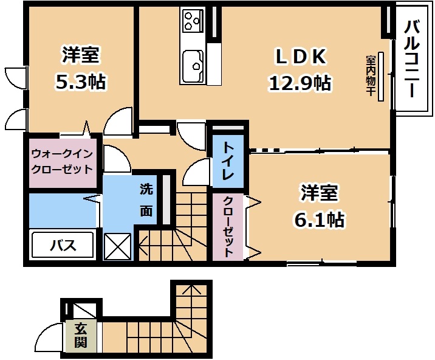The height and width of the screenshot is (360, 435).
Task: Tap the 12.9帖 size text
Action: [x=300, y=83]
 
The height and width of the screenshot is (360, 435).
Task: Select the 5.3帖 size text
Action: [x=80, y=81]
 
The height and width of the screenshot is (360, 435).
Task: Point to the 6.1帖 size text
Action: [x=319, y=220]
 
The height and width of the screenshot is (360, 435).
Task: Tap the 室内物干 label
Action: [x=371, y=75]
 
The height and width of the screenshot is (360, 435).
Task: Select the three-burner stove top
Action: [x=193, y=21]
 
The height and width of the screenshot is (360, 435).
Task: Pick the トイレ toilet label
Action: [x=228, y=161]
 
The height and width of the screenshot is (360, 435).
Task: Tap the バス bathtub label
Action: [x=63, y=245]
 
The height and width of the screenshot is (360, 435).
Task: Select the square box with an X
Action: [x=117, y=247]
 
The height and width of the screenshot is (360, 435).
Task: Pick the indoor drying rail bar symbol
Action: [x=381, y=76]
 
